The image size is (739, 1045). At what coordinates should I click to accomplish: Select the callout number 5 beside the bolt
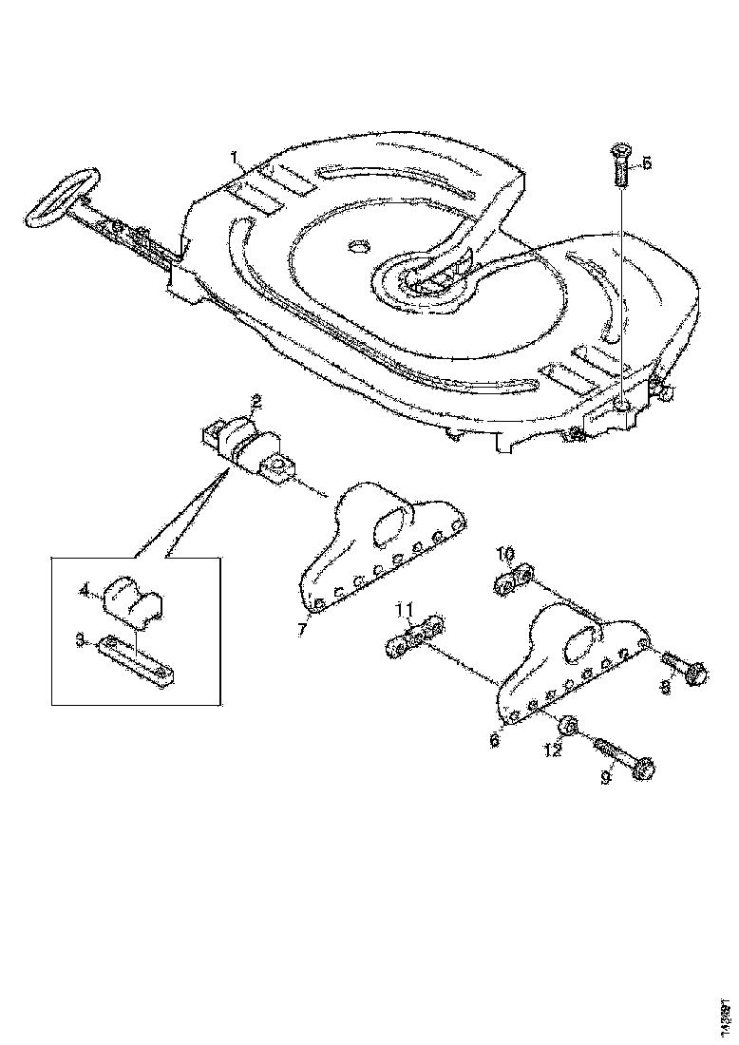[648, 163]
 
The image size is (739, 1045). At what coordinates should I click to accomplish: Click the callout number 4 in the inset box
[85, 591]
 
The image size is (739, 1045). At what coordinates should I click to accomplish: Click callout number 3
[84, 643]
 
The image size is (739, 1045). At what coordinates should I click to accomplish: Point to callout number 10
[505, 554]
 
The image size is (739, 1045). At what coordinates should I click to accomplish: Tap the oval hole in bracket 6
[578, 647]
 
